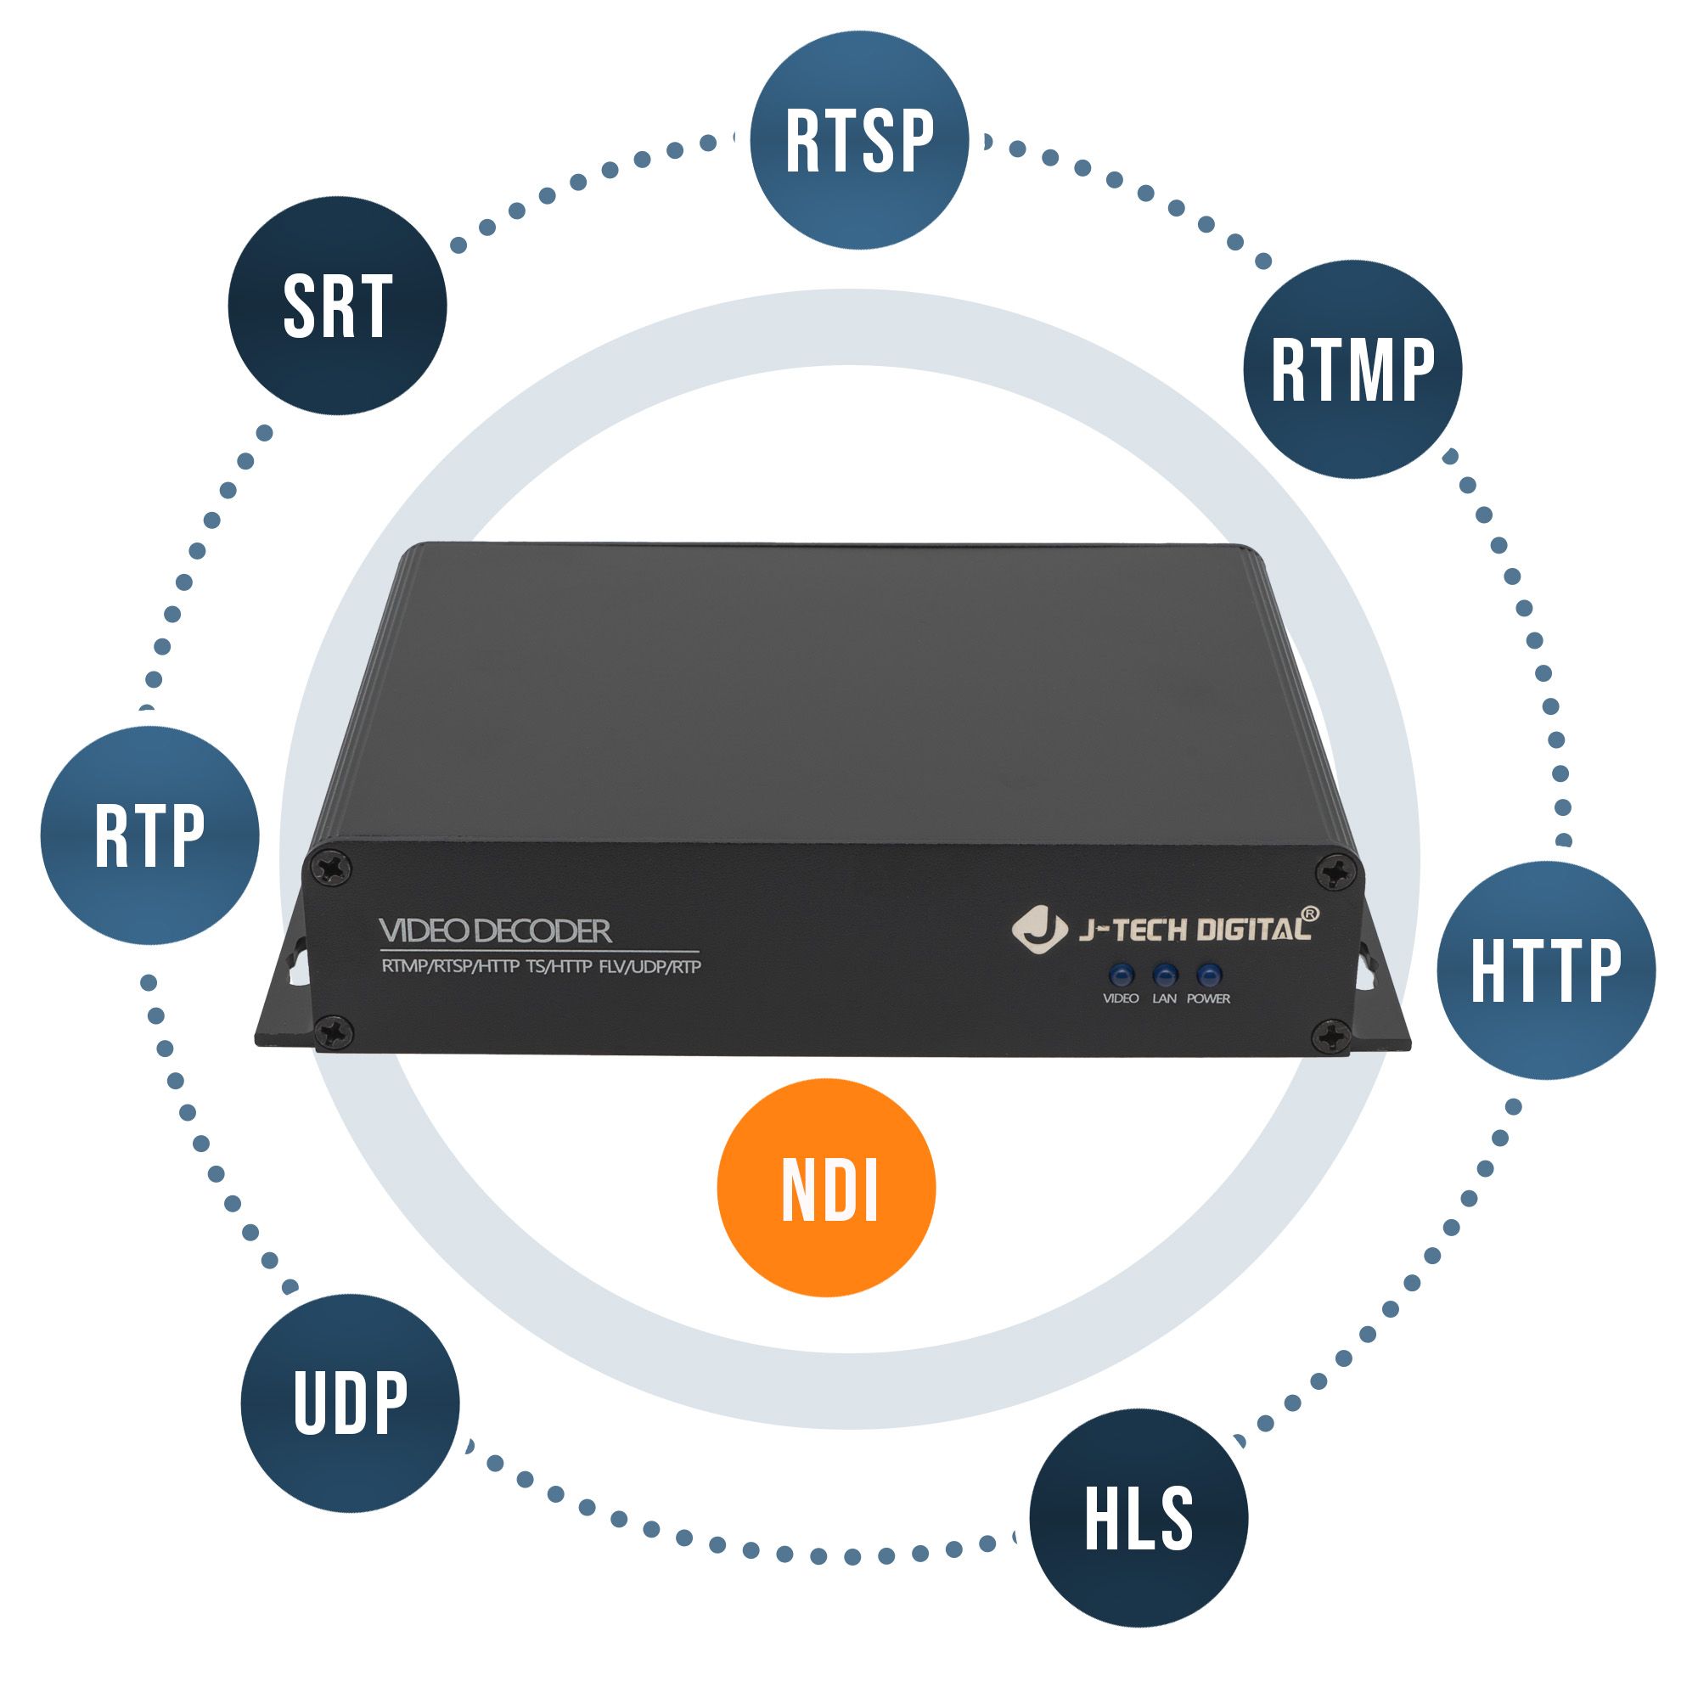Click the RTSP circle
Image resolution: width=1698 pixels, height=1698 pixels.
click(x=858, y=140)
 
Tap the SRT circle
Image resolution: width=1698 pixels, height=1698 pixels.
click(x=338, y=306)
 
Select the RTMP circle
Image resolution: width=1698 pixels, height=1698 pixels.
click(x=1352, y=369)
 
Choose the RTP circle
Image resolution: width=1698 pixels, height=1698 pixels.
click(x=149, y=835)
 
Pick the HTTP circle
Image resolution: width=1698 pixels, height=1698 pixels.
click(x=1546, y=970)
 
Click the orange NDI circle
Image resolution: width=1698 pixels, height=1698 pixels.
click(x=826, y=1188)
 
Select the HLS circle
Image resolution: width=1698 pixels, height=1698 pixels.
click(x=1139, y=1518)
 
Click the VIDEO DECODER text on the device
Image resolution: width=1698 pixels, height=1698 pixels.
click(x=495, y=931)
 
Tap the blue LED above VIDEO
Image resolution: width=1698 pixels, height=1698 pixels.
click(x=1121, y=974)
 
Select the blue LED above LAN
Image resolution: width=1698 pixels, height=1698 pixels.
click(x=1165, y=974)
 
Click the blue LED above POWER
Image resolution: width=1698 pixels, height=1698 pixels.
click(x=1209, y=974)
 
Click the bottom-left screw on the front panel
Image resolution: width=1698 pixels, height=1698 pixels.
click(x=333, y=1030)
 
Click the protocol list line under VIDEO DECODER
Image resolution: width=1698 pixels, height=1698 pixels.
click(x=542, y=967)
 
